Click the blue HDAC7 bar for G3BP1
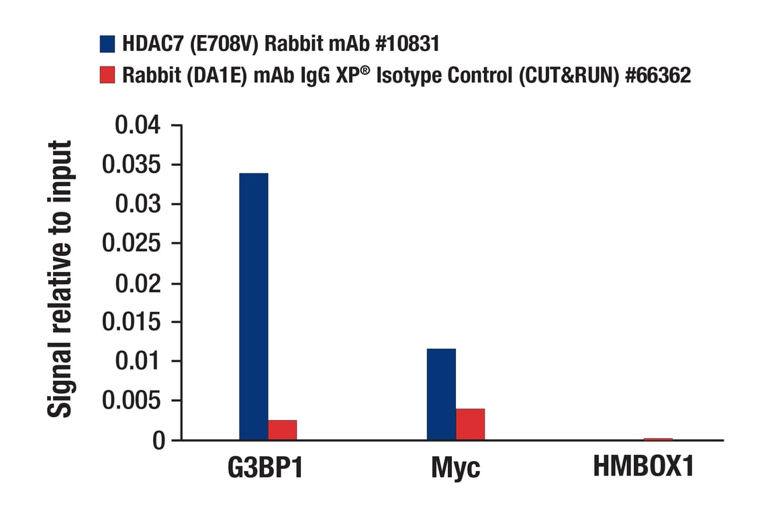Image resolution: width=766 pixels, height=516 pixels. tap(253, 306)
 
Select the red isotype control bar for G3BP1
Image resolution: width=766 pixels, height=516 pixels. tap(282, 430)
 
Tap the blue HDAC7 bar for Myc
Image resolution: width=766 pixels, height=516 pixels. tap(441, 394)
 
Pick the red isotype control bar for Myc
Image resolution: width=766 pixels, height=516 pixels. tap(470, 424)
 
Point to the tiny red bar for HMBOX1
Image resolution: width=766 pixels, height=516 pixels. tap(658, 439)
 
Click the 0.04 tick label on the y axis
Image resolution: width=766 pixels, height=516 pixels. tap(138, 126)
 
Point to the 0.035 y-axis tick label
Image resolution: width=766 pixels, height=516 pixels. tap(132, 165)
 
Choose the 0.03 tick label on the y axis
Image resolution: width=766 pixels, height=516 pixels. tap(138, 204)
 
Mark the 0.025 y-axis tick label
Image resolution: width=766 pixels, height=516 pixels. tap(132, 244)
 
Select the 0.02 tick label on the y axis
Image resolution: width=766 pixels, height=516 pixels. tap(138, 283)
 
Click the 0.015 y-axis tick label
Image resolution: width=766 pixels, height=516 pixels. tap(132, 322)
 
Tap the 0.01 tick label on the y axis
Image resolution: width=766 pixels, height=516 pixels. tap(138, 361)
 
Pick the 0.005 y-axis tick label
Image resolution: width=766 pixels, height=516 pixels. tap(132, 401)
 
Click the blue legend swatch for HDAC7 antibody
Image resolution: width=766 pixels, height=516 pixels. tap(107, 44)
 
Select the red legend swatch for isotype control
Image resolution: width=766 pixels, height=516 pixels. tap(107, 75)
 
